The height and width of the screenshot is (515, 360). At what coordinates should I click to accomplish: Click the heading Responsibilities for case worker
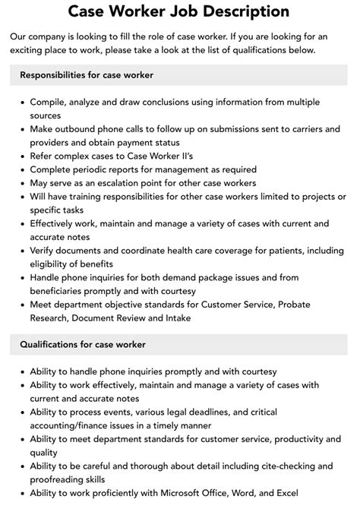coord(87,74)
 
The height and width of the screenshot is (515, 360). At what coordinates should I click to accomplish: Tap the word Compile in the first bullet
coord(50,102)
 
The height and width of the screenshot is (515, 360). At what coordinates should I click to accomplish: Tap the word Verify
coord(46,251)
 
